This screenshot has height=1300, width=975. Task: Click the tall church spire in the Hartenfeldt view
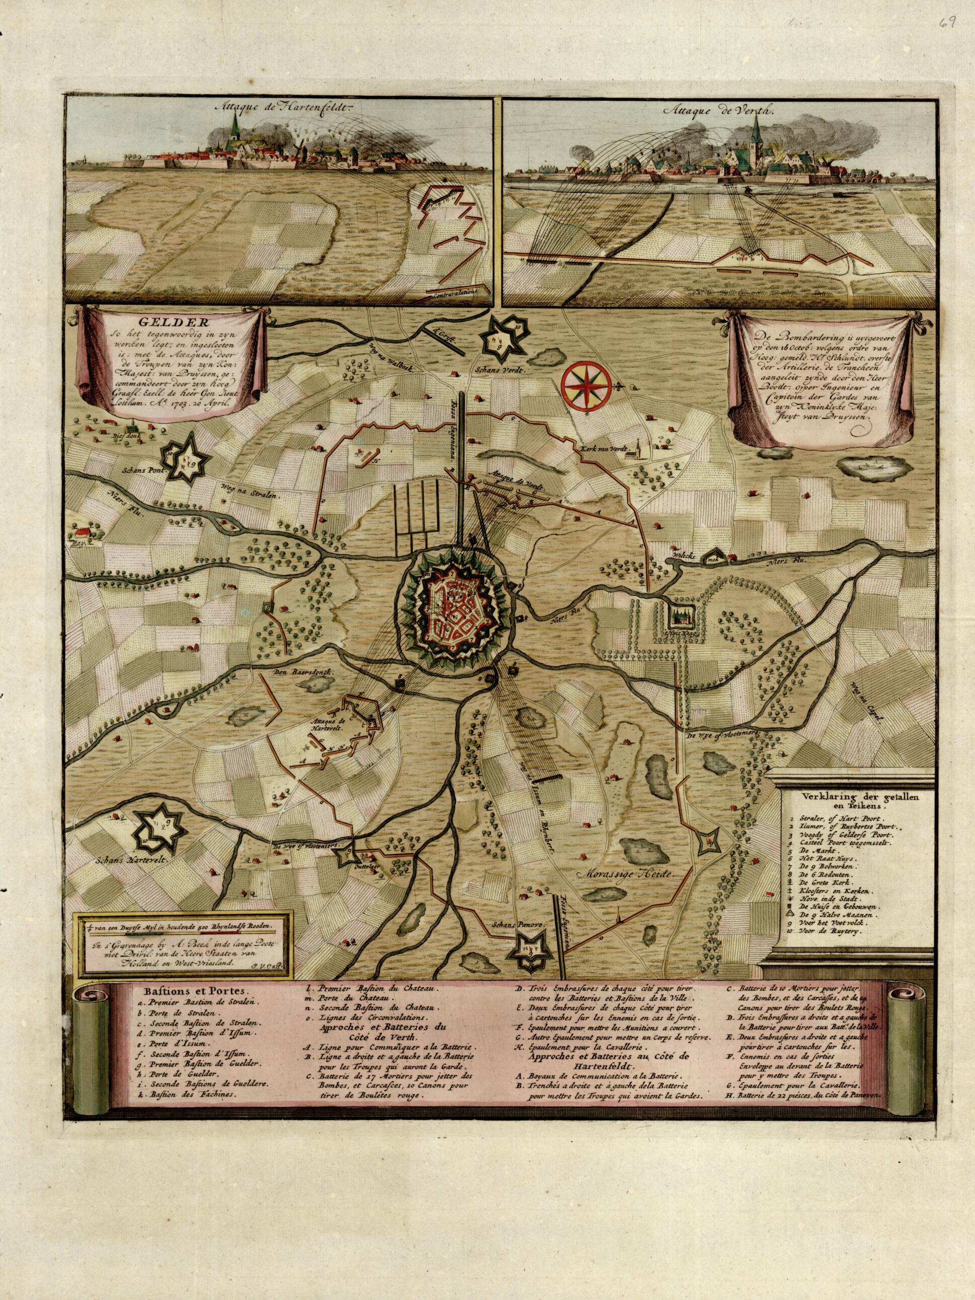(235, 123)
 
